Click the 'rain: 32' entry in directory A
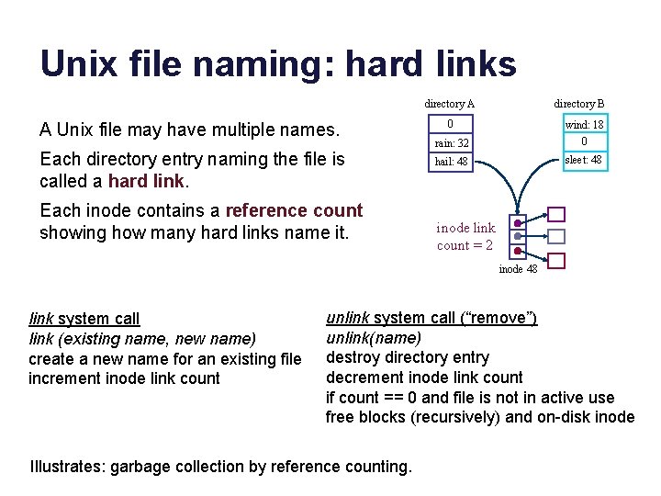coord(451,143)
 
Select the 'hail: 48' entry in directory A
coord(451,162)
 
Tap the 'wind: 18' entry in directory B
coord(584,125)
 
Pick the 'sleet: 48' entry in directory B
coord(584,160)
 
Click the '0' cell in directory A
coord(450,125)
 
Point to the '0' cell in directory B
coord(584,141)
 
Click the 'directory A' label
coord(450,105)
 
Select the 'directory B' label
coord(579,105)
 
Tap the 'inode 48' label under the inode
coord(518,269)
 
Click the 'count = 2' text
coord(465,245)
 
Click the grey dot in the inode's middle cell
coord(518,237)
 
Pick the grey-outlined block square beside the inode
coord(557,237)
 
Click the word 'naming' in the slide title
coord(255,63)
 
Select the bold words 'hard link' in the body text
coord(147,180)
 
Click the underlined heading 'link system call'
coord(84,319)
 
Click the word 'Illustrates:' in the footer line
coord(68,467)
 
